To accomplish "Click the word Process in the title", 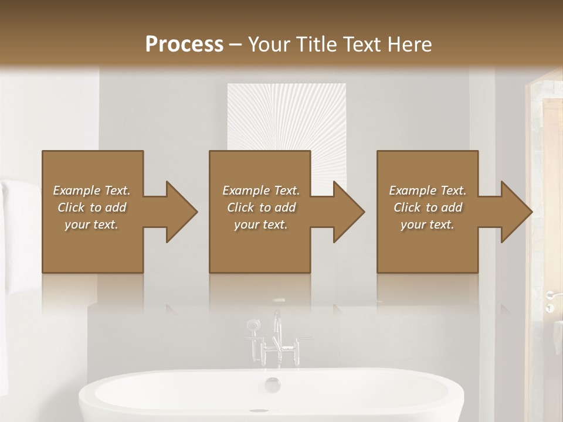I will pyautogui.click(x=184, y=44).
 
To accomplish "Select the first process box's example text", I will pyautogui.click(x=91, y=207).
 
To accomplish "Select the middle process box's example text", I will pyautogui.click(x=261, y=207).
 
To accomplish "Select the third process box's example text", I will pyautogui.click(x=428, y=207).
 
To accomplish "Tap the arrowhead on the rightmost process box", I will pyautogui.click(x=515, y=212).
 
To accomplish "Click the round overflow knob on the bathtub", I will pyautogui.click(x=273, y=384).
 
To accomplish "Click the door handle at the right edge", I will pyautogui.click(x=551, y=294).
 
